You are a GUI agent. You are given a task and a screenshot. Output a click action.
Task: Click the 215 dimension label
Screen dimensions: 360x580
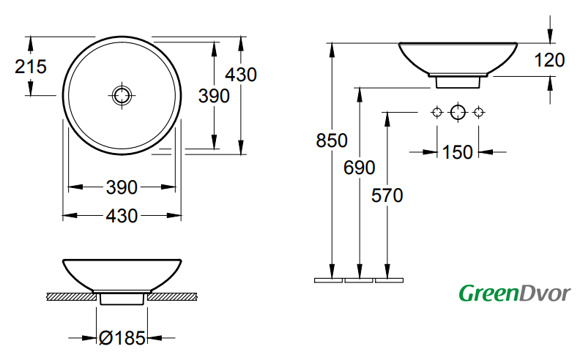pyautogui.click(x=31, y=67)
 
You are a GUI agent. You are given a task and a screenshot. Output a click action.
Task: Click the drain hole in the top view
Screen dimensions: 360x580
pyautogui.click(x=121, y=94)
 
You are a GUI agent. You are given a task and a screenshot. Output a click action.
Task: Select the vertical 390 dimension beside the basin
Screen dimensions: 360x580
pyautogui.click(x=215, y=96)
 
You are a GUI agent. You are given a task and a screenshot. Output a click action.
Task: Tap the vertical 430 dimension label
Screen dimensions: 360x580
pyautogui.click(x=241, y=75)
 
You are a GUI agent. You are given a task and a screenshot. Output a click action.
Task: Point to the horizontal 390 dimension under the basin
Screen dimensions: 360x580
pyautogui.click(x=121, y=187)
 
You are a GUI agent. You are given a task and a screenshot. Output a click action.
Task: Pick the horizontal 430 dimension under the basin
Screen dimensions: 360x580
pyautogui.click(x=121, y=216)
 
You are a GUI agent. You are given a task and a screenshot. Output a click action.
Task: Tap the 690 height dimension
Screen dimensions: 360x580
pyautogui.click(x=359, y=168)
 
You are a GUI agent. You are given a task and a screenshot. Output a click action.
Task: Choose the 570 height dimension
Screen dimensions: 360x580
pyautogui.click(x=386, y=195)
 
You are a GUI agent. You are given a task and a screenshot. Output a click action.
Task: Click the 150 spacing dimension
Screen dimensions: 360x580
pyautogui.click(x=458, y=152)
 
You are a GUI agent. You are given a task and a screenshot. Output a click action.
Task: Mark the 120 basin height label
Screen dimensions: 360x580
pyautogui.click(x=550, y=61)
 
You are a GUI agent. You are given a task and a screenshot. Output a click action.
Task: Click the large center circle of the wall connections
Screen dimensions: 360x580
pyautogui.click(x=458, y=112)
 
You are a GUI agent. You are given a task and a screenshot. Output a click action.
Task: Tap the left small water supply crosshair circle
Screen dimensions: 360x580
pyautogui.click(x=436, y=112)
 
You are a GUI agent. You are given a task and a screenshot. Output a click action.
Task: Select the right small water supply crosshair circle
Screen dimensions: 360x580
pyautogui.click(x=479, y=112)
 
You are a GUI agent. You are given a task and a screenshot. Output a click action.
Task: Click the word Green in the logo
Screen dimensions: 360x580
pyautogui.click(x=486, y=294)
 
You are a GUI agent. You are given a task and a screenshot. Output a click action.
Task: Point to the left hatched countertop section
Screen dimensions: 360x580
pyautogui.click(x=71, y=297)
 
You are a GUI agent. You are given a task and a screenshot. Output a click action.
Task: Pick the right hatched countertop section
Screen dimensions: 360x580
pyautogui.click(x=174, y=297)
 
